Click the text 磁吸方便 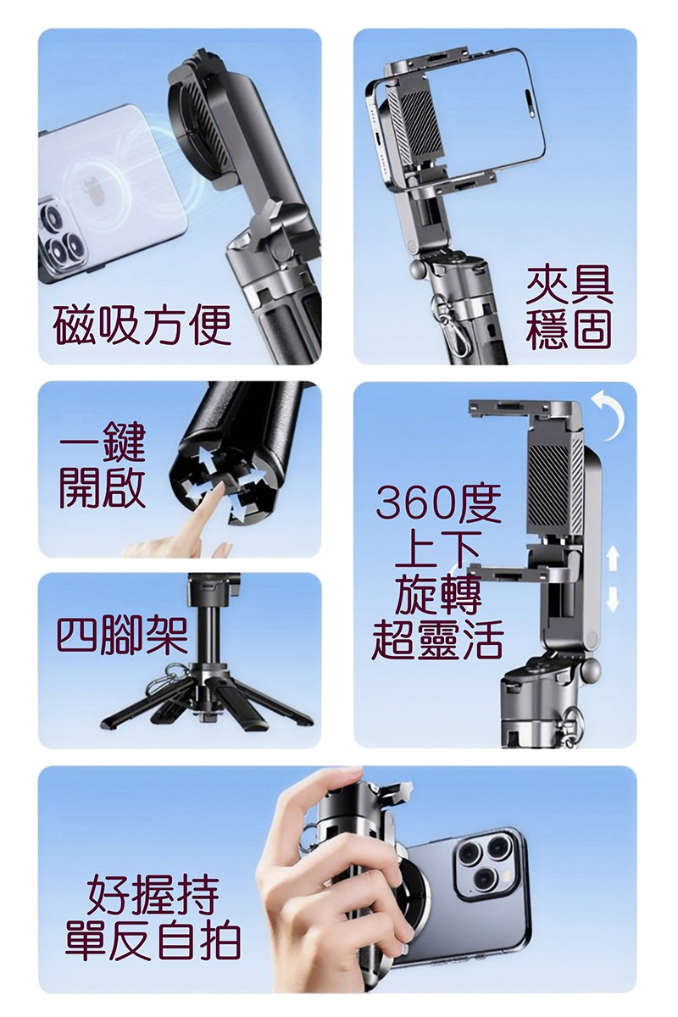coord(142,325)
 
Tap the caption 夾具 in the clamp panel coord(570,286)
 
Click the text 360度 coord(438,503)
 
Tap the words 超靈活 coord(437,640)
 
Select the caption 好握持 coord(153,896)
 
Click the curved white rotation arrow coord(609,415)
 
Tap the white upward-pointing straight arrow coord(613,559)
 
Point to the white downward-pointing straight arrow coord(613,599)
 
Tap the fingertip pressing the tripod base coord(219,487)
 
